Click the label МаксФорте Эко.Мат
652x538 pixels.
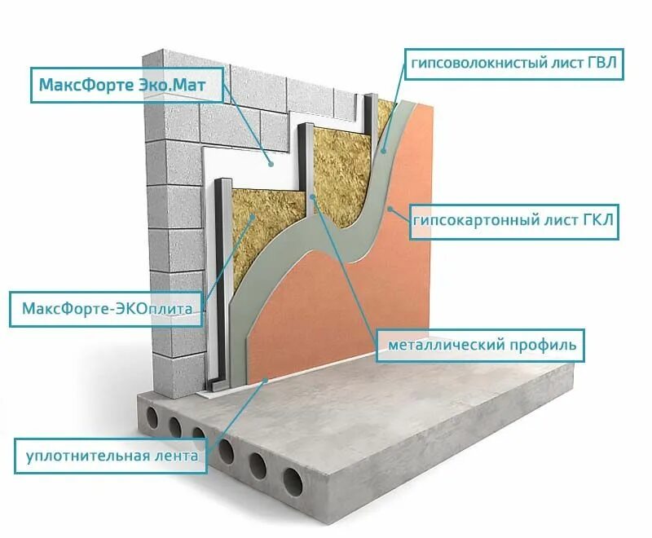click(127, 84)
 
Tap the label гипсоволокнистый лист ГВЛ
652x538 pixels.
click(514, 63)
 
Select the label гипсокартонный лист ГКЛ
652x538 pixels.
click(513, 220)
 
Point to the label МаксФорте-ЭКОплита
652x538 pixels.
click(106, 309)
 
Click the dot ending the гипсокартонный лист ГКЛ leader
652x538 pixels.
click(392, 209)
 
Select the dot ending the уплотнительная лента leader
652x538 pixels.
click(265, 381)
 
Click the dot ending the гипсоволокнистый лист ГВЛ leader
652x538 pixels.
click(383, 149)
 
